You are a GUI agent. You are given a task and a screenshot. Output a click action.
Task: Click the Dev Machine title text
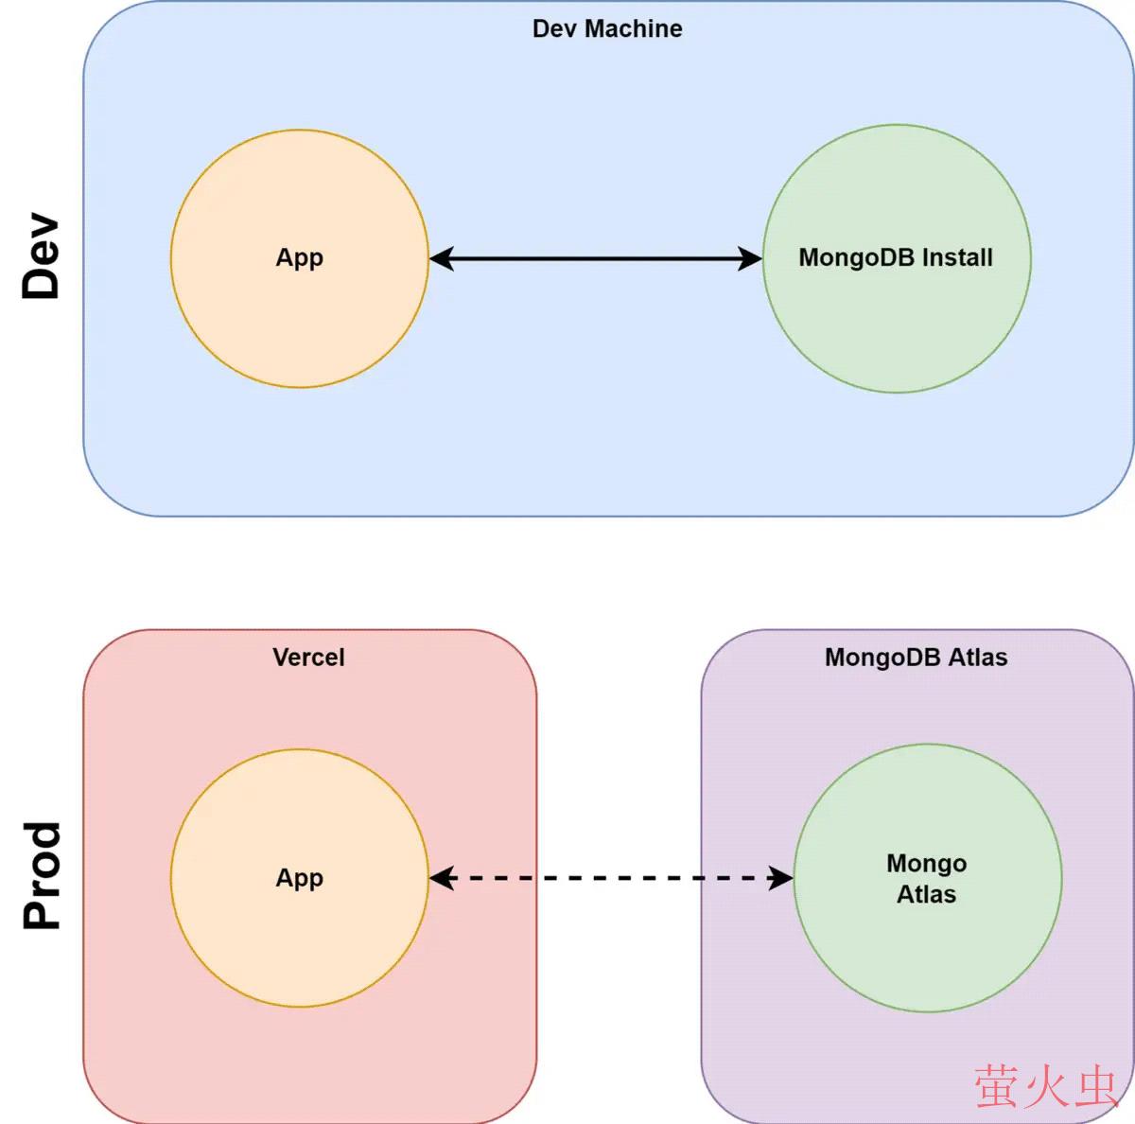pyautogui.click(x=607, y=29)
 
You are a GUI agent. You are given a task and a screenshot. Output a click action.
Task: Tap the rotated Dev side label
pyautogui.click(x=43, y=256)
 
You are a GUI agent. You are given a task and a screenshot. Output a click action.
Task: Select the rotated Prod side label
pyautogui.click(x=43, y=875)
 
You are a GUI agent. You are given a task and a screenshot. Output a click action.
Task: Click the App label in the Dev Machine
pyautogui.click(x=299, y=257)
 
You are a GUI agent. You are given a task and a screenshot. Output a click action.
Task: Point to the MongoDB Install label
pyautogui.click(x=896, y=257)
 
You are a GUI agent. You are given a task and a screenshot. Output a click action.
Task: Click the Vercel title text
pyautogui.click(x=308, y=658)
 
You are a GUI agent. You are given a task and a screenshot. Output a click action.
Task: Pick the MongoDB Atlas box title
pyautogui.click(x=916, y=658)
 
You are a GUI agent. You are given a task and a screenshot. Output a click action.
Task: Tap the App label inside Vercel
pyautogui.click(x=299, y=878)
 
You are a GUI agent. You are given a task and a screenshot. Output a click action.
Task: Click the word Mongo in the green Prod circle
pyautogui.click(x=926, y=863)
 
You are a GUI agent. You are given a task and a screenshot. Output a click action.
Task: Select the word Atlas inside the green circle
pyautogui.click(x=926, y=894)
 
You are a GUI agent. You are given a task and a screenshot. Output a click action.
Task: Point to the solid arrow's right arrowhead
pyautogui.click(x=750, y=258)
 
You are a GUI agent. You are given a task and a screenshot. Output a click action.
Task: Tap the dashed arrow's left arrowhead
pyautogui.click(x=442, y=878)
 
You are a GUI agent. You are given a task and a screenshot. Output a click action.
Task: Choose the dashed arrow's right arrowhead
pyautogui.click(x=781, y=878)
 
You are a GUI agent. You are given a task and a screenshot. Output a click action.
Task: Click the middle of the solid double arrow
pyautogui.click(x=596, y=258)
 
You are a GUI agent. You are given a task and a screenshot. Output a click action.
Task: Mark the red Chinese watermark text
pyautogui.click(x=1046, y=1086)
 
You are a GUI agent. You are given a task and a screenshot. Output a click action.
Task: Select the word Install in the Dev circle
pyautogui.click(x=957, y=257)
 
